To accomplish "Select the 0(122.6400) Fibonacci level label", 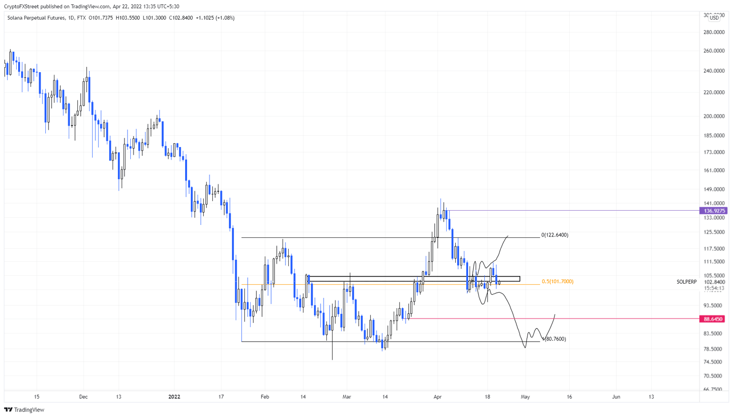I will (x=555, y=235).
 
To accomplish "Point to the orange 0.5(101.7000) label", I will (x=557, y=281).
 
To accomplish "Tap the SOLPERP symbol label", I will (x=686, y=282).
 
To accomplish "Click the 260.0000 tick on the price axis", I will (x=714, y=51).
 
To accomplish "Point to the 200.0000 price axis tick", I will (x=714, y=116).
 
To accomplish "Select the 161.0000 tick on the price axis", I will (x=714, y=170).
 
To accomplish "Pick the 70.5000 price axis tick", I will (x=714, y=376).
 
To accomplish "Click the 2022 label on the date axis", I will (x=174, y=397).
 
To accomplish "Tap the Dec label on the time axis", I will (x=84, y=397).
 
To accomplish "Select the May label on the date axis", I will (x=525, y=397).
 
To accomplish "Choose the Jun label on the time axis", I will (x=616, y=397).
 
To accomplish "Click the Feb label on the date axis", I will (x=265, y=397).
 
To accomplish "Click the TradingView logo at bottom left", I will (x=24, y=410).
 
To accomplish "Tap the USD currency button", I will (x=714, y=18).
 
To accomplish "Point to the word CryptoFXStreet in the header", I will (x=21, y=7).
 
